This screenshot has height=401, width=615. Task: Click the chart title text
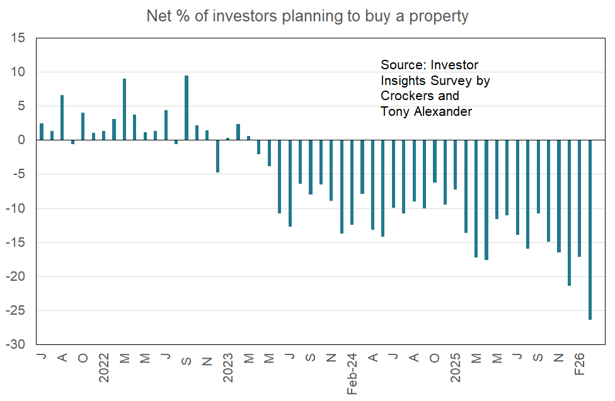[x=307, y=16]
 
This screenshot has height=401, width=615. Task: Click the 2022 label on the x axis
[x=104, y=368]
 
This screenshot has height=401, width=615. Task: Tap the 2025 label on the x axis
[x=456, y=368]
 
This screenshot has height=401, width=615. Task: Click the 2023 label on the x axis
[x=228, y=368]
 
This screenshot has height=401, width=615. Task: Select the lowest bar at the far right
[x=590, y=230]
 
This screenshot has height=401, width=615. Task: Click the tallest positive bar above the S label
[x=187, y=108]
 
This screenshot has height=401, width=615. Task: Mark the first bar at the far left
[x=42, y=132]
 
